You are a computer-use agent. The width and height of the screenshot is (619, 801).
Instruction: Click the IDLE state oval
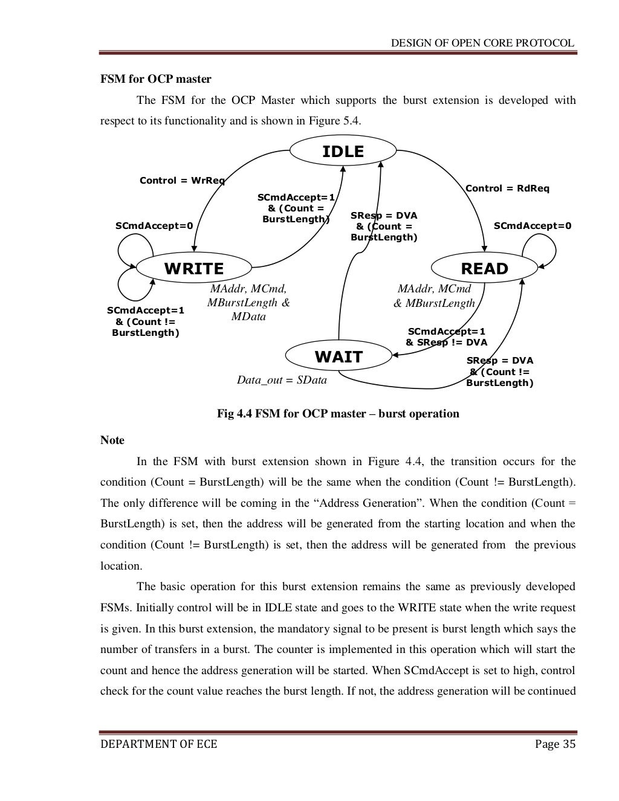click(343, 152)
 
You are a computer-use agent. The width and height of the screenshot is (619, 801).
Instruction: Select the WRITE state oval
click(194, 268)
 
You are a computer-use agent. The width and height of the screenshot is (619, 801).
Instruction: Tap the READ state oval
click(484, 268)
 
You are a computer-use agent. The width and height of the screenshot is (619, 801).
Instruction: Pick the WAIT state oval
click(339, 357)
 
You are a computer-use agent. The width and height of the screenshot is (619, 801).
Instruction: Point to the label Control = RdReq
click(507, 188)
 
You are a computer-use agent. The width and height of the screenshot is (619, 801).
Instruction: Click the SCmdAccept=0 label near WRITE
click(154, 226)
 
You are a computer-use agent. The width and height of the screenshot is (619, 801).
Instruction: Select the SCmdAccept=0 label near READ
click(532, 226)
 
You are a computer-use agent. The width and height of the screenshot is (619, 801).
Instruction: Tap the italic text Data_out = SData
click(282, 380)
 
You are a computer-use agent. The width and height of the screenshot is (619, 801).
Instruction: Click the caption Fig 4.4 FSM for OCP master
click(338, 414)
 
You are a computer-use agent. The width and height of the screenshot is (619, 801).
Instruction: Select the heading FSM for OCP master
click(155, 79)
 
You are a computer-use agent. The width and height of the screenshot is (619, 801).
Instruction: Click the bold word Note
click(112, 440)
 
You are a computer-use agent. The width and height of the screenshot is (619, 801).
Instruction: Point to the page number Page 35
click(555, 744)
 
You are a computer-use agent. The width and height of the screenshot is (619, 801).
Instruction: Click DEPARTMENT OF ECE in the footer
click(158, 744)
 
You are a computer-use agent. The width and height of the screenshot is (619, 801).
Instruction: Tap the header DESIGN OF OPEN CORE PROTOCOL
click(482, 43)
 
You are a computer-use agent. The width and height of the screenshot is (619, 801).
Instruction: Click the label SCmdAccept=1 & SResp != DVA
click(446, 337)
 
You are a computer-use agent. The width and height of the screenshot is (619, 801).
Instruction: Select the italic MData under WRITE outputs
click(248, 317)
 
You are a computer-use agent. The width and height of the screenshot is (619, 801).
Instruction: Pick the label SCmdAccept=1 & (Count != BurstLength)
click(146, 322)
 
